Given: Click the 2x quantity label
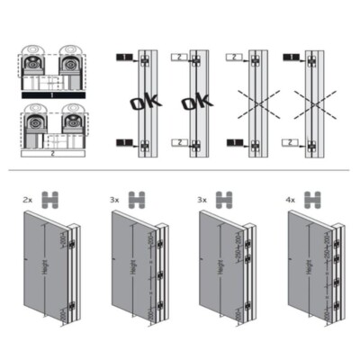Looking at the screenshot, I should (27, 197).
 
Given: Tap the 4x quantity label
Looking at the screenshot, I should (292, 197).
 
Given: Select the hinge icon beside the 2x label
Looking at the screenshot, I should (52, 197).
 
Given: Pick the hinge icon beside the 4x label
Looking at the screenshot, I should (317, 197).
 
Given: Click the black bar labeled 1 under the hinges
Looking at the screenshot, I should (51, 93).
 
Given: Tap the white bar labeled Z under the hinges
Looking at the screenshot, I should (51, 154).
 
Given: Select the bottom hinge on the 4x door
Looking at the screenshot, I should (340, 312).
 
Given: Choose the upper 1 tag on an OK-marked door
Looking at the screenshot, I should (122, 57).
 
